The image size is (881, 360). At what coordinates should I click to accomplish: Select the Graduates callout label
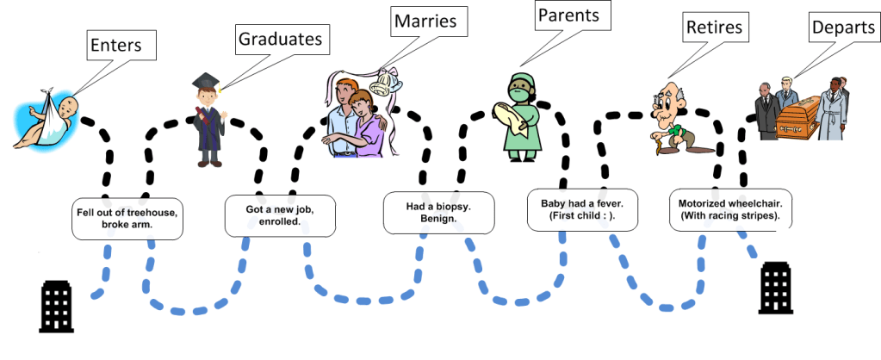click(x=281, y=39)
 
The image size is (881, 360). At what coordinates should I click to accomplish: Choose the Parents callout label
click(x=568, y=15)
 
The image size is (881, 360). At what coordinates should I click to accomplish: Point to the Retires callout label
click(x=714, y=28)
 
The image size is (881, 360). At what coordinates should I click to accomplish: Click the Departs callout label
click(x=841, y=28)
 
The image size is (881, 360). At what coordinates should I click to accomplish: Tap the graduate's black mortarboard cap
click(x=206, y=82)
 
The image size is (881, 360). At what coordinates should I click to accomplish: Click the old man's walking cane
click(x=663, y=146)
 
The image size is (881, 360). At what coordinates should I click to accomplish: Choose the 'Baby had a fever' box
click(x=582, y=210)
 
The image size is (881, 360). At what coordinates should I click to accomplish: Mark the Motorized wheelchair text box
click(x=724, y=210)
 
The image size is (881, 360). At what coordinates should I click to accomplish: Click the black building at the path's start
click(x=58, y=306)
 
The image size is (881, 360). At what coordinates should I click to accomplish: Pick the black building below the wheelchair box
click(x=775, y=289)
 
